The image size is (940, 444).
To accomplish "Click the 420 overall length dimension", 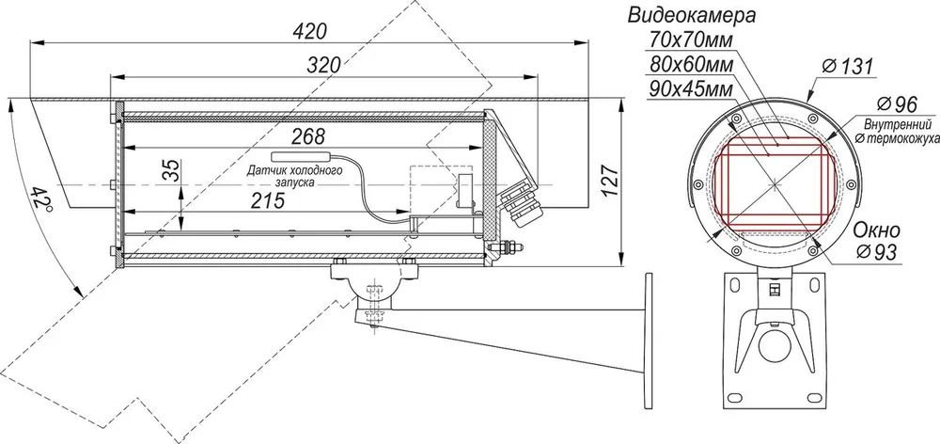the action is (308, 31).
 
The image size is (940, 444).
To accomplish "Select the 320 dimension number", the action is (323, 65).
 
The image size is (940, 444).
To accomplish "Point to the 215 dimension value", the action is (267, 200).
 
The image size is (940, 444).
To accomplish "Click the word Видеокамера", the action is (691, 15).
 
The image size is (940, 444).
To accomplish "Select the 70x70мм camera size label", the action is (691, 40).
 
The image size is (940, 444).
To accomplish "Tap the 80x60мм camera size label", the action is (691, 65).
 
